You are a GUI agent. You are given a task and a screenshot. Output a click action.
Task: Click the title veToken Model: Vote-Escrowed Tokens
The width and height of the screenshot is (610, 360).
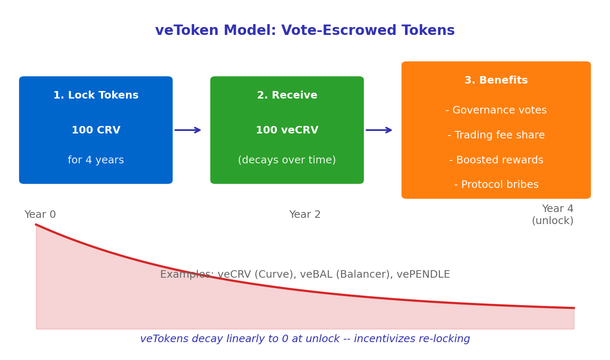point(305,31)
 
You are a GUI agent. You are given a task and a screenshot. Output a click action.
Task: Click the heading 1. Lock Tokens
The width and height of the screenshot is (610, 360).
point(96,96)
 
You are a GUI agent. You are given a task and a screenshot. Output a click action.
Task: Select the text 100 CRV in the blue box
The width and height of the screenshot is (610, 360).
point(96,131)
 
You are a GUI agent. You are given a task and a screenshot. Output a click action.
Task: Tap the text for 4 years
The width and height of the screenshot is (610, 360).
point(96,160)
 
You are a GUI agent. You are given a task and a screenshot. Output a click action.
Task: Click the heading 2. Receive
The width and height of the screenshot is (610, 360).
point(287,96)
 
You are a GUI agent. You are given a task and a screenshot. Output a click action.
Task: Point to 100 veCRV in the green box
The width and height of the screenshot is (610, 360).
point(287,131)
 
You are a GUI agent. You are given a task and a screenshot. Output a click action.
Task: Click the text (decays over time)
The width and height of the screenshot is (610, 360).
point(287,160)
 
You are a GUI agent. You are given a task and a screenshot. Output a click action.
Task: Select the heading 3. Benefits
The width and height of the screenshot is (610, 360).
point(496,81)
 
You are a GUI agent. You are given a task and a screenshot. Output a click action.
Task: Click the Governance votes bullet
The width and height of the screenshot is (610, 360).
point(496,111)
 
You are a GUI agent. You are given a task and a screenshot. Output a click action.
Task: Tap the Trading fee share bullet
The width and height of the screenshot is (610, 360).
point(496,136)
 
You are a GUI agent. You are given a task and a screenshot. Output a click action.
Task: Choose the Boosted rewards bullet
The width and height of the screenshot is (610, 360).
point(496,160)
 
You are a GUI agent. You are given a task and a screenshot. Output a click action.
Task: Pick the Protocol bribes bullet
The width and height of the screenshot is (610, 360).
point(496,185)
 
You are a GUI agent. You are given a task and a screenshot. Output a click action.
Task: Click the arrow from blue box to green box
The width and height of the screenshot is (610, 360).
point(188,130)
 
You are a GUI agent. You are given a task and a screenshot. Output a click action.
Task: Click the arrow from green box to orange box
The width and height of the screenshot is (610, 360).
point(379,130)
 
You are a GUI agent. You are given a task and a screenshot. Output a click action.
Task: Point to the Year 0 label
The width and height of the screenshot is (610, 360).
point(40,215)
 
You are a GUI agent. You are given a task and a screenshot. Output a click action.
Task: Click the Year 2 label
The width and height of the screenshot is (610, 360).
point(305,215)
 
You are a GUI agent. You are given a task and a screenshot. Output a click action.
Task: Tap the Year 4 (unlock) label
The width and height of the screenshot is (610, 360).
point(553,215)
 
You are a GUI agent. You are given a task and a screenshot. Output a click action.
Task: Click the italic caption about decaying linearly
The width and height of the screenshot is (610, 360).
point(305,339)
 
